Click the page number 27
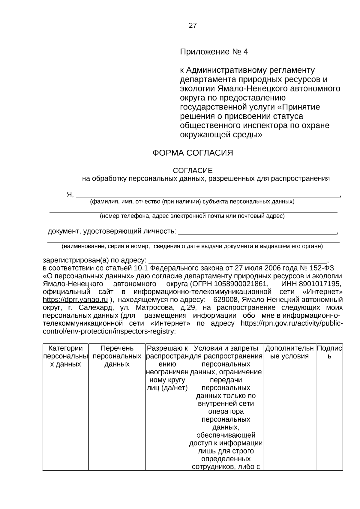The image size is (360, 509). pos(193,25)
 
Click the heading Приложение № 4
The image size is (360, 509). pos(214,52)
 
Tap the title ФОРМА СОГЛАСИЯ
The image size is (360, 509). pos(193,153)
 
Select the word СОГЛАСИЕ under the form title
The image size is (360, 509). pos(193,171)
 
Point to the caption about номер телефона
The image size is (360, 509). pos(192,216)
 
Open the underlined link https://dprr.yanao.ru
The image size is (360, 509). pos(75,300)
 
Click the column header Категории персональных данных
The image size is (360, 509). pos(65,356)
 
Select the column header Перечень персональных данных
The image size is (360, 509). pos(117,356)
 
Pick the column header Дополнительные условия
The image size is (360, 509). pos(289,352)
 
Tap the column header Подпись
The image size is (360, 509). pos(329,352)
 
